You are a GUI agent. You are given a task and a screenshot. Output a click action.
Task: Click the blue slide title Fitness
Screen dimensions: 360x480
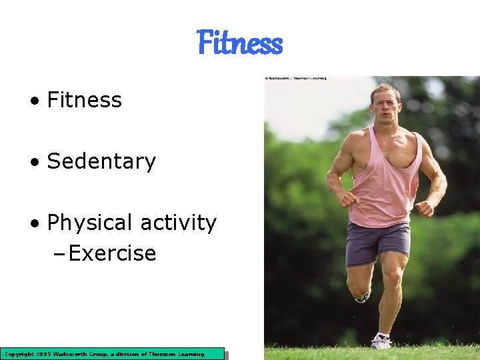pyautogui.click(x=240, y=44)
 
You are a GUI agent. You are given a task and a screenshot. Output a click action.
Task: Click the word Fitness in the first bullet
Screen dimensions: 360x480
pyautogui.click(x=85, y=101)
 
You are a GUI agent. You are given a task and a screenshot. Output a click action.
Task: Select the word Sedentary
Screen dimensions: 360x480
pyautogui.click(x=101, y=162)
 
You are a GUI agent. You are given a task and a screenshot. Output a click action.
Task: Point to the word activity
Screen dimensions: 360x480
pyautogui.click(x=179, y=223)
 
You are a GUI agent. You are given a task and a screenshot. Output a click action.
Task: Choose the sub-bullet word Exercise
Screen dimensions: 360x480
pyautogui.click(x=112, y=254)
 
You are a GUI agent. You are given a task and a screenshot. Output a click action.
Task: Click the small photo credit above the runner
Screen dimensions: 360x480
pyautogui.click(x=295, y=78)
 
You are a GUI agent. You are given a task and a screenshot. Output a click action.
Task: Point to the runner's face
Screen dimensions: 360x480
pyautogui.click(x=385, y=107)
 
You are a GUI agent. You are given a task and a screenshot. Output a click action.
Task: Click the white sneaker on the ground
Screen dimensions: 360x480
pyautogui.click(x=381, y=341)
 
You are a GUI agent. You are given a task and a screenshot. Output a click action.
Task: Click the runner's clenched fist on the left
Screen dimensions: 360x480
pyautogui.click(x=347, y=199)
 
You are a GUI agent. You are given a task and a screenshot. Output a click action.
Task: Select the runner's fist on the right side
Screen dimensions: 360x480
pyautogui.click(x=424, y=209)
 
